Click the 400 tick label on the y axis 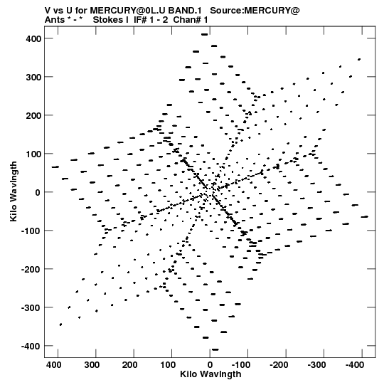[x=33, y=38]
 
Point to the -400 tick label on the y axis [x=31, y=346]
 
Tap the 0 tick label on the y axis [x=38, y=192]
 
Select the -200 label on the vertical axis [x=31, y=269]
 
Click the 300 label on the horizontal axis [x=92, y=365]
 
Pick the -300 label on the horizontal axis [x=316, y=365]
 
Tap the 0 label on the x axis [x=210, y=365]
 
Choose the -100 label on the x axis [x=240, y=365]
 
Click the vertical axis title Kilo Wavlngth [x=14, y=191]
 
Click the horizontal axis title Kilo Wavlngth [x=210, y=374]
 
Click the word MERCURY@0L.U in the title [x=128, y=11]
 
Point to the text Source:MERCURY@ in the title [x=255, y=11]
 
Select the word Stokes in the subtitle [x=108, y=20]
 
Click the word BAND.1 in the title [x=185, y=11]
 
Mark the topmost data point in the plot [x=204, y=35]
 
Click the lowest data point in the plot [x=215, y=349]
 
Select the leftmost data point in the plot [x=55, y=167]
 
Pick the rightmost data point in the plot [x=365, y=217]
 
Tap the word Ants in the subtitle [x=55, y=20]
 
